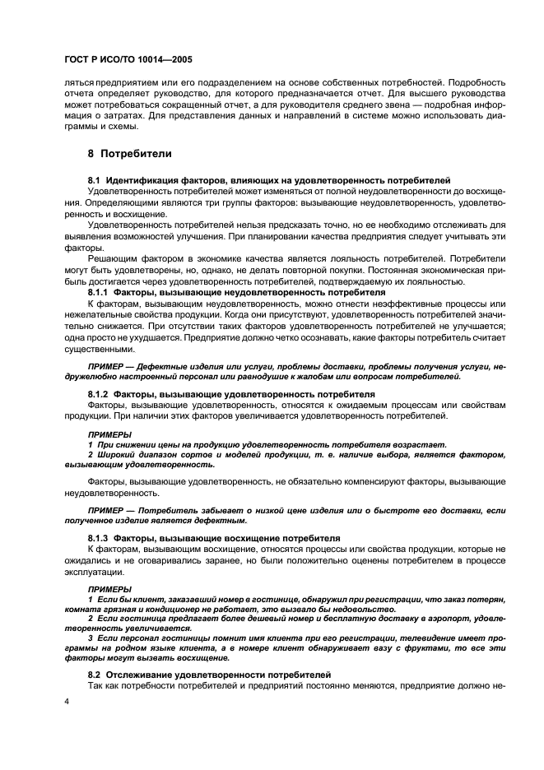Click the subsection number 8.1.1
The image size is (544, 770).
100,291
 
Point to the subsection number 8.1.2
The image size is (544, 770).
100,394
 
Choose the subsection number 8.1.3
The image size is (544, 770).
100,537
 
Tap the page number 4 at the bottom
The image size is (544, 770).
67,703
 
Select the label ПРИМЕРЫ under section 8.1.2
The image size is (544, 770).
109,434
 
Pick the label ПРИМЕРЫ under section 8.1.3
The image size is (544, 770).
109,588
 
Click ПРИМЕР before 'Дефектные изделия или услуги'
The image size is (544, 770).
107,365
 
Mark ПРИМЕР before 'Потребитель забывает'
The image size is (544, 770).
107,510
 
